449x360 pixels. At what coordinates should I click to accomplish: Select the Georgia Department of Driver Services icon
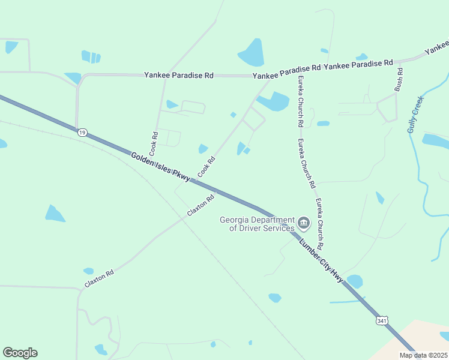(x=304, y=224)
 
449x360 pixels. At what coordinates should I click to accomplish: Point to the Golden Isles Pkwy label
(x=161, y=167)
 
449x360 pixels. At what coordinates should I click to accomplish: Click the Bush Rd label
(x=399, y=79)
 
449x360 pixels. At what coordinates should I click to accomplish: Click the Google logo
(x=20, y=353)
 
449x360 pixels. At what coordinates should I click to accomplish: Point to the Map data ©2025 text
(x=423, y=355)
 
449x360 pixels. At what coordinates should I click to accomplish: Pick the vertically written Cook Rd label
(x=154, y=142)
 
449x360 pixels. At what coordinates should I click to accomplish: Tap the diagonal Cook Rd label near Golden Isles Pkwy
(x=206, y=167)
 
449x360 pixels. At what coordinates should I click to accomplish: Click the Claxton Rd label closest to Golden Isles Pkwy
(x=200, y=206)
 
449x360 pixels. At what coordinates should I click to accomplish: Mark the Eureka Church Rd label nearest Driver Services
(x=320, y=224)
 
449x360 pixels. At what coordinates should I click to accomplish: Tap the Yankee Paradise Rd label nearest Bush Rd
(x=362, y=62)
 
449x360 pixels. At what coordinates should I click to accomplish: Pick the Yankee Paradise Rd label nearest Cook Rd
(x=178, y=76)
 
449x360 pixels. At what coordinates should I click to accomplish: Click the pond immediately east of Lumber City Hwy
(x=355, y=281)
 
